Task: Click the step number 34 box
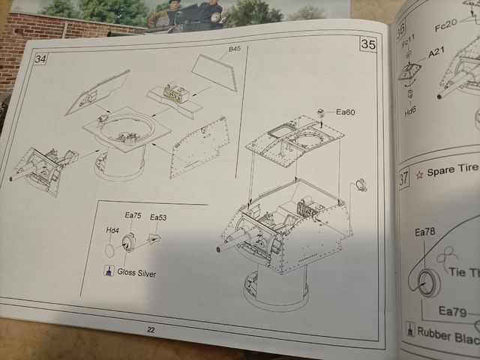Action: [40, 59]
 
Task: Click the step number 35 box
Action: [367, 44]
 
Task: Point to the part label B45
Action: [234, 49]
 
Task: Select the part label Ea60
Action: [345, 112]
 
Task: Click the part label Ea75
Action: [133, 216]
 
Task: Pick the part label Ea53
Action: [158, 217]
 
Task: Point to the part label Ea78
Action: [424, 232]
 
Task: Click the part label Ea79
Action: [452, 311]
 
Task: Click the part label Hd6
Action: [410, 110]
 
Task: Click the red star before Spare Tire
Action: [421, 174]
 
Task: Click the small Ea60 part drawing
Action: [320, 112]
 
